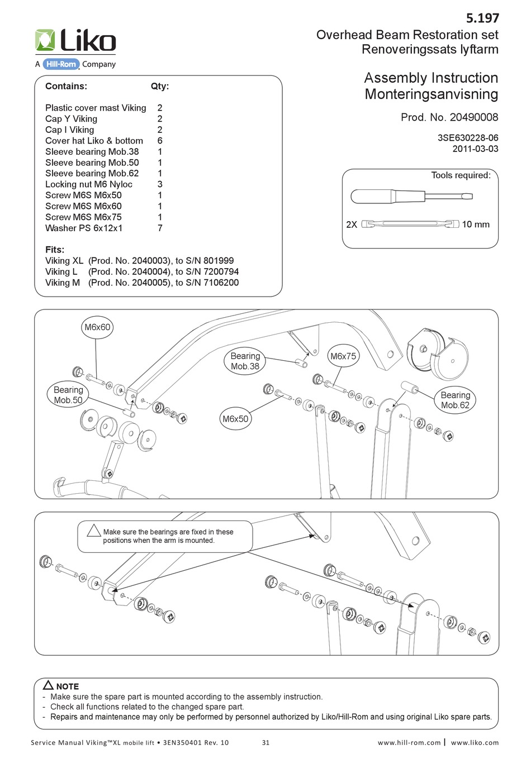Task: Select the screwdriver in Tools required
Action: (x=411, y=196)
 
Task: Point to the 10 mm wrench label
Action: (x=475, y=225)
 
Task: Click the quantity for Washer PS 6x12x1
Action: (x=160, y=228)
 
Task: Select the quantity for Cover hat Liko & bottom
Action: (x=160, y=141)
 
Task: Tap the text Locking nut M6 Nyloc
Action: (x=89, y=184)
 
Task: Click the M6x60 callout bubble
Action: (x=97, y=327)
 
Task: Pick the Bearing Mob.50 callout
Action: (x=68, y=395)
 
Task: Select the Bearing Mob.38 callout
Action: (x=245, y=361)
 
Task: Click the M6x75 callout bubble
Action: (x=343, y=356)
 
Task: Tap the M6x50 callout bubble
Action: (x=235, y=419)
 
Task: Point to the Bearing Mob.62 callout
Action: (x=456, y=400)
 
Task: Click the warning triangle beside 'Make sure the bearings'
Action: (x=94, y=531)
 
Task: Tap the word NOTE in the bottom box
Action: (x=67, y=686)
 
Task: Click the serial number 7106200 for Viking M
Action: (x=217, y=283)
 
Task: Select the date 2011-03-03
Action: (x=475, y=149)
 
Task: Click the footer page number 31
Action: (x=265, y=742)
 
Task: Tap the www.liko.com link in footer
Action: (x=475, y=742)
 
